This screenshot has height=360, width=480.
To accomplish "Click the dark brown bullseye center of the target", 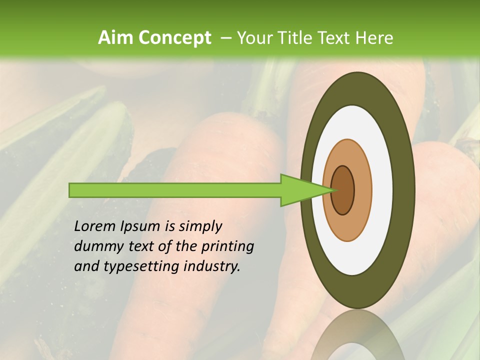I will (x=343, y=190).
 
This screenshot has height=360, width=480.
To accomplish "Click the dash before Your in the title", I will (x=225, y=38).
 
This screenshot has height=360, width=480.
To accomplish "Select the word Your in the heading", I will (x=251, y=38).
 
